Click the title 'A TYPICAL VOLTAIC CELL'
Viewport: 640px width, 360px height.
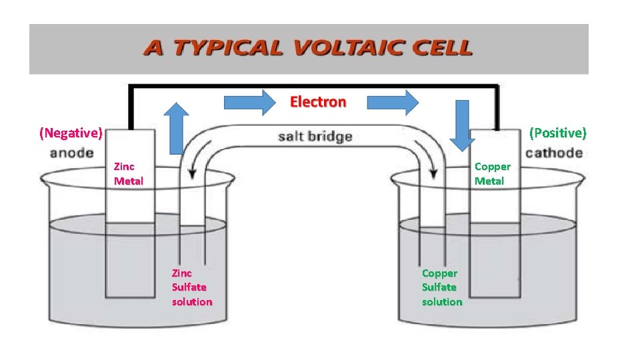tap(308, 49)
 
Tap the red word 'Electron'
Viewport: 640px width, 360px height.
tap(318, 102)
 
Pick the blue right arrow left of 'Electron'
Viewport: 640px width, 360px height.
tap(249, 102)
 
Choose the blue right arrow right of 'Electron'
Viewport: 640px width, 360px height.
tap(393, 102)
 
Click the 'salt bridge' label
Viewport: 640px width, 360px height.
tap(315, 137)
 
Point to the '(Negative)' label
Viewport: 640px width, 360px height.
tap(71, 133)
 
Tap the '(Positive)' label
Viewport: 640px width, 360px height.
tap(558, 133)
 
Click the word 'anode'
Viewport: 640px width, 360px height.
tap(71, 153)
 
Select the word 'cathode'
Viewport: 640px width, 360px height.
tap(554, 153)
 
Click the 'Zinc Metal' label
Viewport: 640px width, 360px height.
tap(128, 173)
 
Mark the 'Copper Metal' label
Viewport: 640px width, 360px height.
tap(492, 173)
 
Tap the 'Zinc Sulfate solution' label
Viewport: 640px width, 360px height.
tap(192, 287)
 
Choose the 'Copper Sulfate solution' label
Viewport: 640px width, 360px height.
tap(442, 287)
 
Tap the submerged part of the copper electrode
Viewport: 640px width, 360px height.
tap(494, 260)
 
